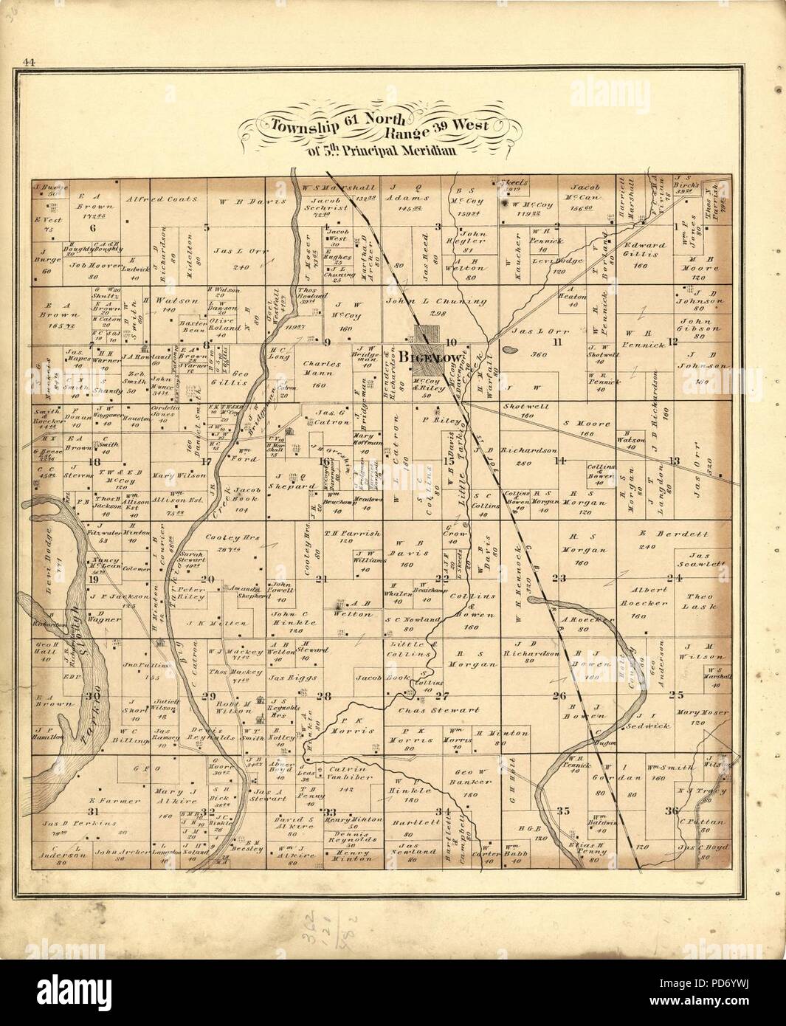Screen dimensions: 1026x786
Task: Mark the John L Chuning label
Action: point(424,301)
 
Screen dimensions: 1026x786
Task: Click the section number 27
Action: point(441,695)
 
